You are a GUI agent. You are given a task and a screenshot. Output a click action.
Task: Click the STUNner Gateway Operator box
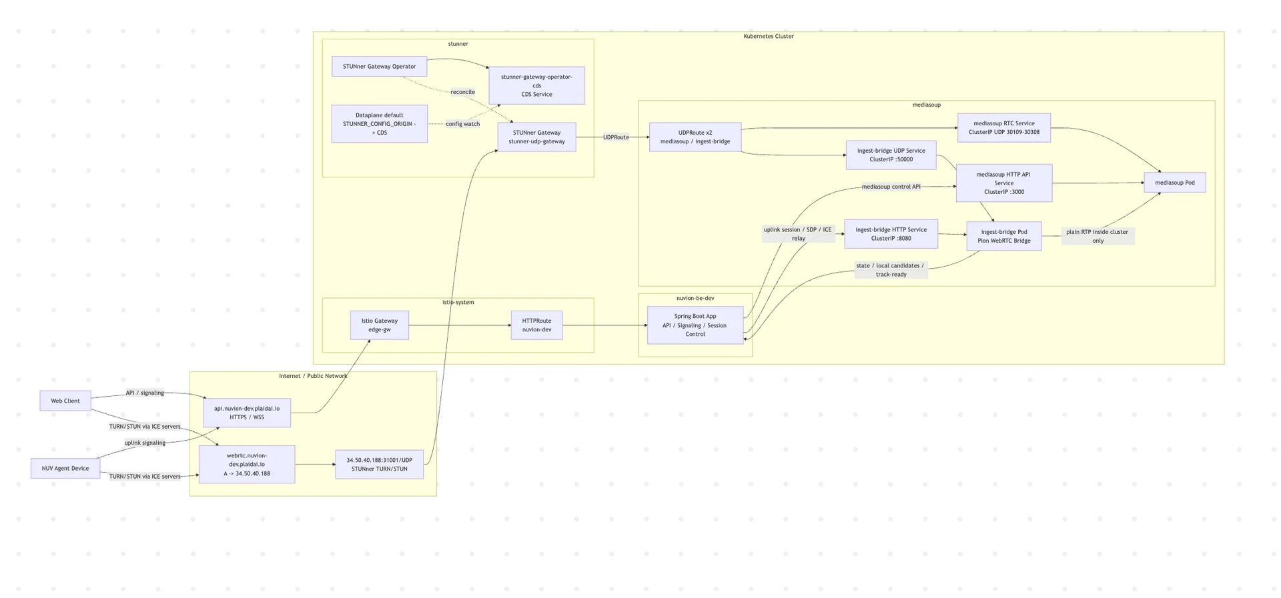[379, 67]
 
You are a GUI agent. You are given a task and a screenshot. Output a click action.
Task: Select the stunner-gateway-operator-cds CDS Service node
[536, 85]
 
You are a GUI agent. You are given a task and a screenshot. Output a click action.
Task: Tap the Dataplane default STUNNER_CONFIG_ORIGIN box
[379, 124]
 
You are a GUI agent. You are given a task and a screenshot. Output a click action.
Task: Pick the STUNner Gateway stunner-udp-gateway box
[536, 137]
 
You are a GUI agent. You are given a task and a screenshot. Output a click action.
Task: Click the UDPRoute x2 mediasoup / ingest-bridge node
[695, 137]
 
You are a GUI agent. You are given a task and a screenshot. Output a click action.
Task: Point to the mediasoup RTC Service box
[1003, 128]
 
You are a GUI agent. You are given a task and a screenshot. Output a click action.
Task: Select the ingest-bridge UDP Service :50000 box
[891, 155]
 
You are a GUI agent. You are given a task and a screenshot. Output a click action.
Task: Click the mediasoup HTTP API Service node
[1003, 183]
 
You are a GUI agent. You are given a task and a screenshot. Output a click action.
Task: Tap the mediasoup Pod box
[1174, 183]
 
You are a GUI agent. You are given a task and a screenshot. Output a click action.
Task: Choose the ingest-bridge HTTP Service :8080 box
[891, 234]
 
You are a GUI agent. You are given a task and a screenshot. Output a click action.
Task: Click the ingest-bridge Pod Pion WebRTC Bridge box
[1003, 237]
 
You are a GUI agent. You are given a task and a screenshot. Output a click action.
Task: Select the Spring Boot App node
[695, 325]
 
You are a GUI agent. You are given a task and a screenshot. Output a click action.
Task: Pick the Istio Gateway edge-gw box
[379, 325]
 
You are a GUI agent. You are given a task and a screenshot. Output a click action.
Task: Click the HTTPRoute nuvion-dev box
[536, 325]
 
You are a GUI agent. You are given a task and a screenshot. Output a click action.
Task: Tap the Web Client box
[65, 401]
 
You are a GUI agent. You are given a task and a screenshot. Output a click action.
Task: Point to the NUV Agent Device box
[65, 469]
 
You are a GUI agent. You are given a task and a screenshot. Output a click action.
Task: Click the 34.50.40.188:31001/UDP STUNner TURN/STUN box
[379, 465]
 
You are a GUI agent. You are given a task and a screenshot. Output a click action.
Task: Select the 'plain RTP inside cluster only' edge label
[1097, 237]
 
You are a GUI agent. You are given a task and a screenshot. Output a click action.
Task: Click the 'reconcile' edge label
[462, 92]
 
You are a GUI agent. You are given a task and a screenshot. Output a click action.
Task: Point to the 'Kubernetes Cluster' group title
[769, 37]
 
